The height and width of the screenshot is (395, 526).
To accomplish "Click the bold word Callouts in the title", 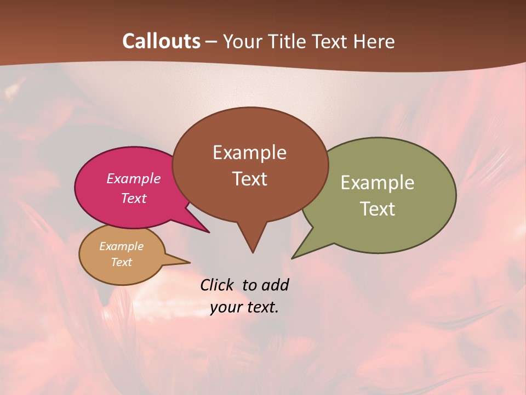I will tap(161, 41).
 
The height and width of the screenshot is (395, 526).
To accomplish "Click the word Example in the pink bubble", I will tap(134, 178).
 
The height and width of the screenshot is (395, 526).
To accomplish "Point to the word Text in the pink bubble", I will tap(134, 198).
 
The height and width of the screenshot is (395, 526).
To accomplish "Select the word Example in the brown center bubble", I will tap(249, 153).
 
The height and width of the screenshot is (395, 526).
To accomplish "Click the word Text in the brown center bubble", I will tap(249, 179).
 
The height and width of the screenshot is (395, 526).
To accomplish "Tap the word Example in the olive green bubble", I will tap(378, 183).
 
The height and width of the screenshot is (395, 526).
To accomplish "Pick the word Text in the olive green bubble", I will tap(378, 209).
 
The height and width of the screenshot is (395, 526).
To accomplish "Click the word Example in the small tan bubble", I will tap(121, 246).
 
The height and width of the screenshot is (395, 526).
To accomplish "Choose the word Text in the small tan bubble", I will tap(121, 262).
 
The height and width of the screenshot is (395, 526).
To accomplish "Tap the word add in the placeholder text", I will tap(275, 285).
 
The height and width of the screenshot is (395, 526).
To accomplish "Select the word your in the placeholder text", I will tap(225, 307).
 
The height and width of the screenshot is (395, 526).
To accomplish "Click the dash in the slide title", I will tap(212, 42).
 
